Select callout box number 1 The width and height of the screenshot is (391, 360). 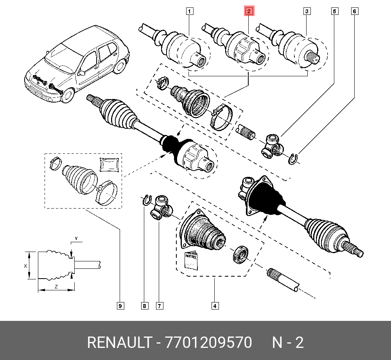pos(190,11)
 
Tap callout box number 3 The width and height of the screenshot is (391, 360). pos(307,11)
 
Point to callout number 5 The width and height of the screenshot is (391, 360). pos(334,11)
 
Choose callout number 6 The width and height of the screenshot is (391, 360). pos(355,11)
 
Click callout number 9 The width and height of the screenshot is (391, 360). pos(120,306)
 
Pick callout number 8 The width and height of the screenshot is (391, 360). pos(144,306)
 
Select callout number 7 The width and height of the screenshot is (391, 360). pos(159,306)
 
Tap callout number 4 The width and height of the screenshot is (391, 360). pos(214,306)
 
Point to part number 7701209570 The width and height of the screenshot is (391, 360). pos(209,343)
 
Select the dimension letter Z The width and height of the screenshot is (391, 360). pos(56,287)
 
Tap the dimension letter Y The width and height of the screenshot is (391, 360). pos(77,238)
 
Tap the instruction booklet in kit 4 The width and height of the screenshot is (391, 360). pos(192,260)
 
